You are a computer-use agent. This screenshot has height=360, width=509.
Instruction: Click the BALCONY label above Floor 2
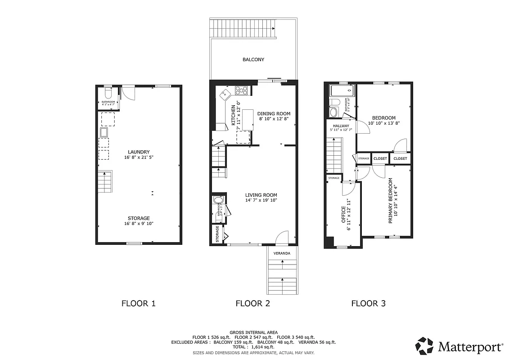tap(253, 59)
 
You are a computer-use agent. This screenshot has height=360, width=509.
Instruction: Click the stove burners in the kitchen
tap(241, 90)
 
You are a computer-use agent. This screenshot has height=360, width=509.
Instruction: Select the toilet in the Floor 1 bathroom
tap(108, 94)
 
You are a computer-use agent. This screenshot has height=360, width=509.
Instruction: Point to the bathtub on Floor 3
tap(342, 92)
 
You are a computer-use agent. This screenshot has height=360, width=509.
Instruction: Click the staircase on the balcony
tap(243, 29)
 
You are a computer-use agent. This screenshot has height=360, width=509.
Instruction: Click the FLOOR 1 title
tap(139, 303)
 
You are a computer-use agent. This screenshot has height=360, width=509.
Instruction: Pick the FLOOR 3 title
tap(368, 303)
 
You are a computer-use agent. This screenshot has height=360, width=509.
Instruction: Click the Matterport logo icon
tap(424, 346)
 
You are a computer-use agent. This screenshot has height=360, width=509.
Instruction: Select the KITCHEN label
tap(233, 115)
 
